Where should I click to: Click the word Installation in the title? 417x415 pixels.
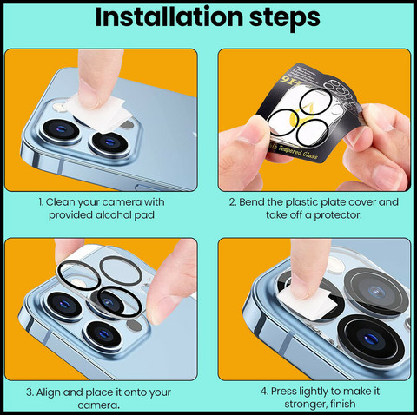[169, 16]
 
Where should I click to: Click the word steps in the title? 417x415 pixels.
[285, 18]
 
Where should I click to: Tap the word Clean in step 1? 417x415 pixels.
[60, 201]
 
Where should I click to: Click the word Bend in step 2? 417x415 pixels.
[251, 201]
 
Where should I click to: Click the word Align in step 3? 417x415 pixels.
[49, 392]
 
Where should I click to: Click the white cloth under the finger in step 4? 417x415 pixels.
[307, 304]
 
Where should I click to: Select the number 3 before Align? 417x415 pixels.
[30, 392]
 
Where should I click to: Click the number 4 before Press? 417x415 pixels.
[264, 392]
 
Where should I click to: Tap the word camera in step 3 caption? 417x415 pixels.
[98, 405]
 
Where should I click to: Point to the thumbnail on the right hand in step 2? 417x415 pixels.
[387, 173]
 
